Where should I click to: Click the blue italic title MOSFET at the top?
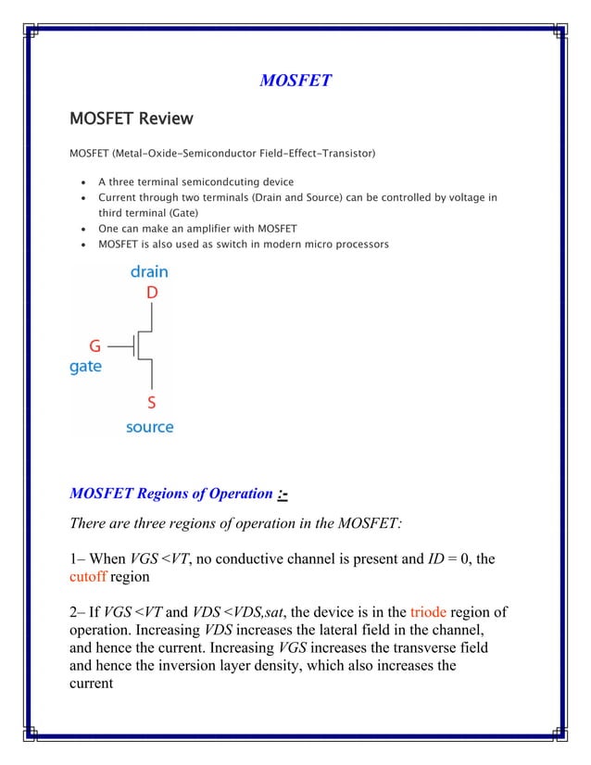295,81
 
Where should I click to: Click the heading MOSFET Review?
132,119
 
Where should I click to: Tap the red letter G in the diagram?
94,346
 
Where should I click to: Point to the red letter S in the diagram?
152,403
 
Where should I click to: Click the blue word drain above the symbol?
149,272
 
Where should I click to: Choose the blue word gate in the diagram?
86,367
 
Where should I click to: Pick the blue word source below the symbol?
150,427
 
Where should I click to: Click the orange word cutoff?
89,578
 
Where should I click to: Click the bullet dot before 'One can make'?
85,229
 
